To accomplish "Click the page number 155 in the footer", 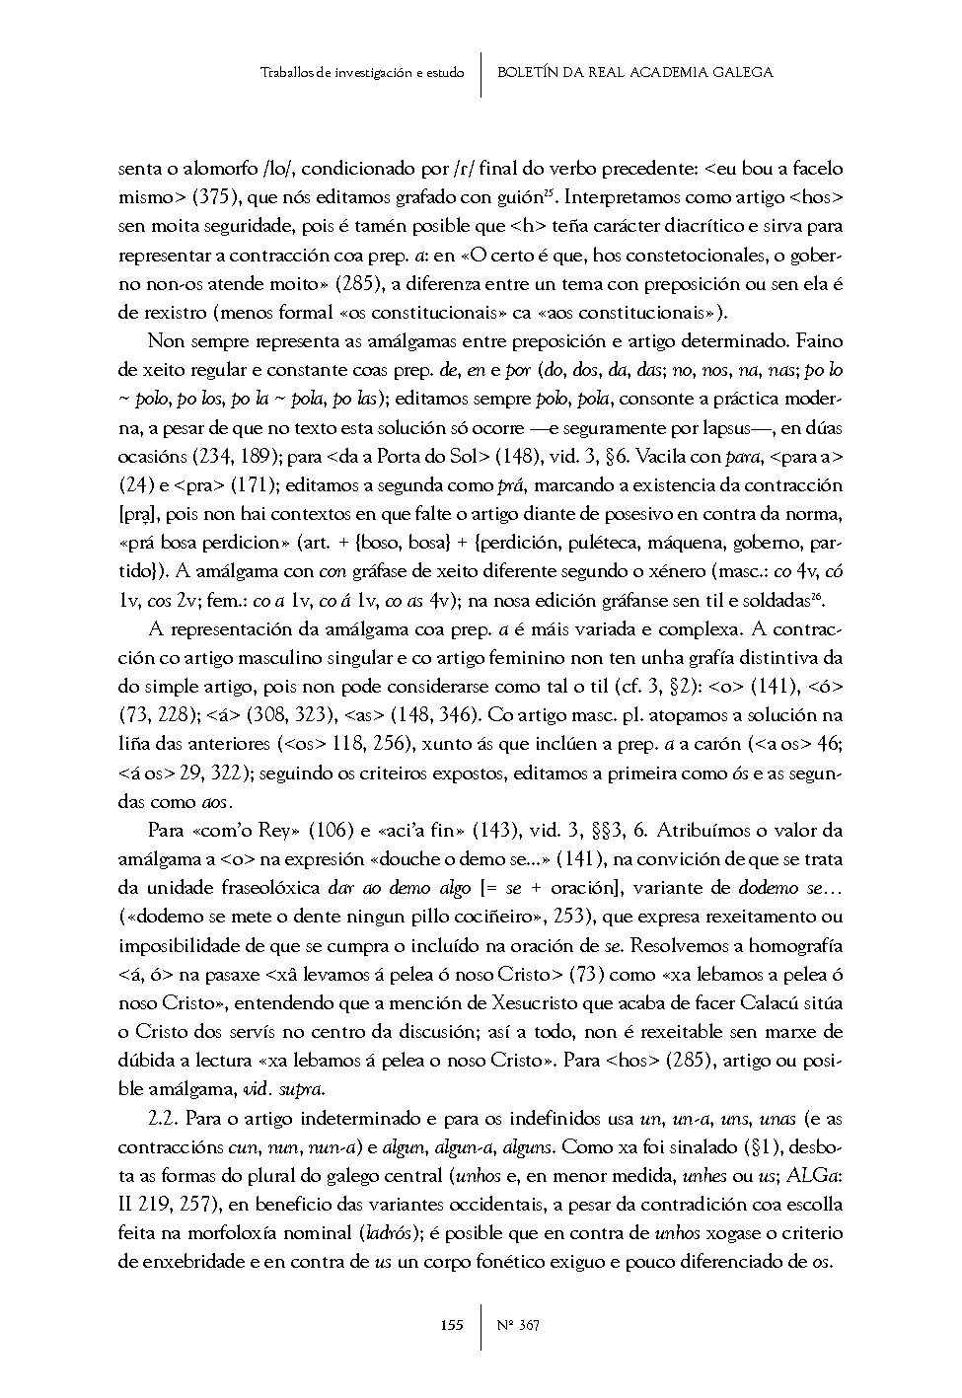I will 452,1325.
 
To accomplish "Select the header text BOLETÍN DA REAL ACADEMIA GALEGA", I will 635,72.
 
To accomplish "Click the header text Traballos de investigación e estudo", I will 362,73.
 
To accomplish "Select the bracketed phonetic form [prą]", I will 134,514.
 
